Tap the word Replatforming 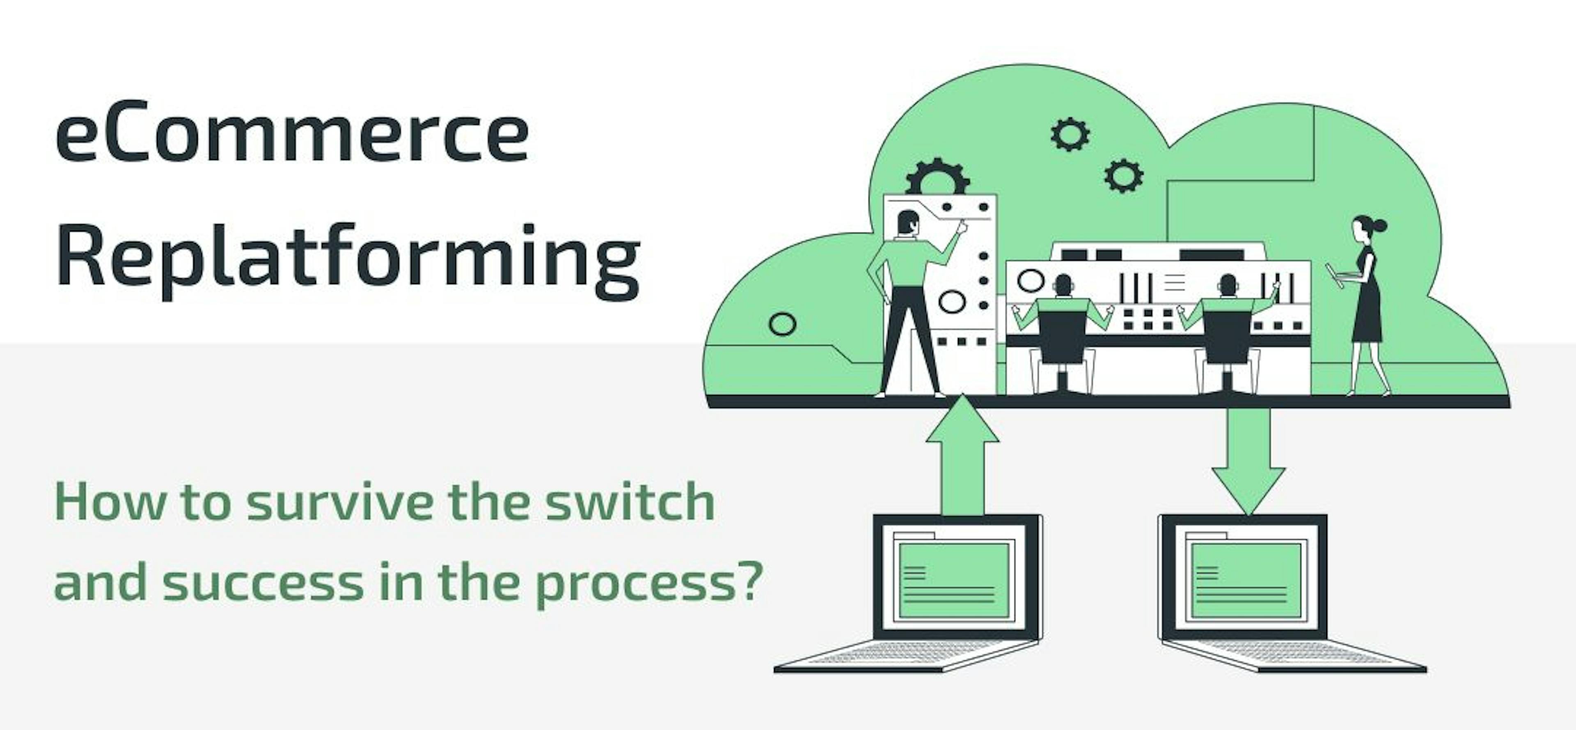tap(348, 259)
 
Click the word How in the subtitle tap(110, 503)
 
